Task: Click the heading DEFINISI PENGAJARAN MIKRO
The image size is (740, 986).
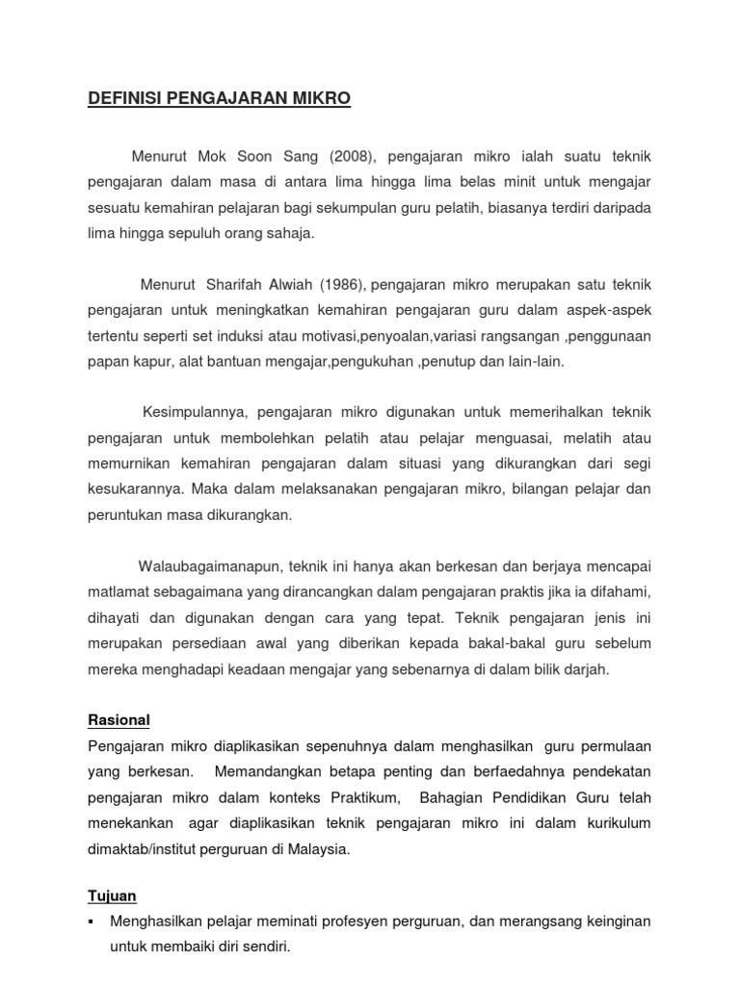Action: tap(220, 99)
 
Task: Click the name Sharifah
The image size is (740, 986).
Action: tap(231, 284)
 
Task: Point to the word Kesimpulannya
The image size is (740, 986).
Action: tap(196, 412)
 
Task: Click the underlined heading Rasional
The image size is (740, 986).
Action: tap(119, 720)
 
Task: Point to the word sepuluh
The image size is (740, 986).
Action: tap(198, 233)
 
